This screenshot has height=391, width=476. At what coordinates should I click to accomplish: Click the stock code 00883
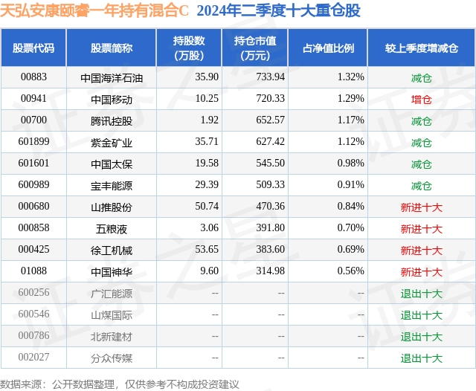(x=33, y=77)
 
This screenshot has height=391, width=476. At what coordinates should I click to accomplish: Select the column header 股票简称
(x=112, y=48)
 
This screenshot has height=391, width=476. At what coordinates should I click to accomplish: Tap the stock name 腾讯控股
(x=112, y=121)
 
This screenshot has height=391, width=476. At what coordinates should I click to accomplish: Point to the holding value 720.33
(x=270, y=99)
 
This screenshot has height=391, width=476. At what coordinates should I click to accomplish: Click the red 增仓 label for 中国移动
(x=422, y=100)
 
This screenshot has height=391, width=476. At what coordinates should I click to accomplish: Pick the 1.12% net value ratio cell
(x=350, y=142)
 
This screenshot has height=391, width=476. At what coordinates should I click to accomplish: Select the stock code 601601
(x=33, y=164)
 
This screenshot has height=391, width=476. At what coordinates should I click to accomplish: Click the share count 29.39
(x=207, y=185)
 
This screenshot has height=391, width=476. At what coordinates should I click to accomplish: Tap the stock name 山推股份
(x=112, y=207)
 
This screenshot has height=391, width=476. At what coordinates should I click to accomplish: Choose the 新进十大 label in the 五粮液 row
(x=422, y=229)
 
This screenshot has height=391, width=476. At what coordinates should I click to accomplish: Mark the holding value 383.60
(x=270, y=249)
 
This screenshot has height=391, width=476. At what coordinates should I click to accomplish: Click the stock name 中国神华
(x=112, y=272)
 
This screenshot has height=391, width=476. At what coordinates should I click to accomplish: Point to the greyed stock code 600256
(x=33, y=292)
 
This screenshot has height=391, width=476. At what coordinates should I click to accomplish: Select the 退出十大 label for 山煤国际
(x=422, y=315)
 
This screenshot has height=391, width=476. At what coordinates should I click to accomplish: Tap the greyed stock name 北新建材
(x=112, y=337)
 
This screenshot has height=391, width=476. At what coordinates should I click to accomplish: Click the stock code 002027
(x=33, y=357)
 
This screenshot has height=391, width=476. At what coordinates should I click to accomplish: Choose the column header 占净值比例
(x=328, y=48)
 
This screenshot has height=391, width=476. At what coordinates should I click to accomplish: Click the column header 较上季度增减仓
(x=422, y=48)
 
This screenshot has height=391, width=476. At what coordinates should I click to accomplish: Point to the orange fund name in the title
(x=94, y=10)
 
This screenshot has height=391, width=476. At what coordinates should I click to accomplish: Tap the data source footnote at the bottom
(x=120, y=384)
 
